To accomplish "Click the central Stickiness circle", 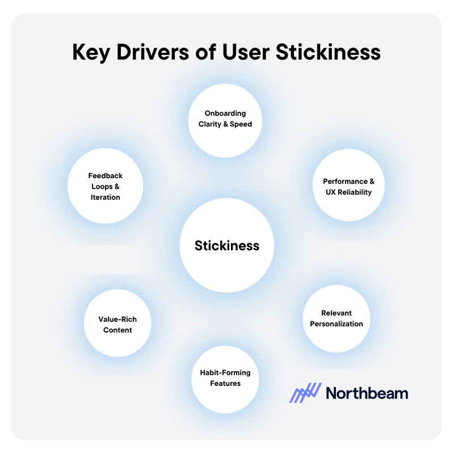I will [227, 245].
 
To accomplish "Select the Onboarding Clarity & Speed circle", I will [225, 120].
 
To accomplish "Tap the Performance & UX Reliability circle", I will [348, 187].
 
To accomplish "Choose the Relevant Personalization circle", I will [337, 318].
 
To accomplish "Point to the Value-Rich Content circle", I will [117, 325].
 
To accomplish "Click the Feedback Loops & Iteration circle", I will [105, 186].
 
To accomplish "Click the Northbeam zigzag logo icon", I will [305, 392].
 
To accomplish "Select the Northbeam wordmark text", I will [367, 392].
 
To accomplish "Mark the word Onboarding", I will [225, 113].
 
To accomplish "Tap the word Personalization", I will [337, 323].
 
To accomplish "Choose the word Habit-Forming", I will [225, 373].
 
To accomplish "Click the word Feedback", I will [105, 175].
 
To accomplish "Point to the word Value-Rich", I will [117, 320].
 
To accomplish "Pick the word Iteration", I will [105, 197].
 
